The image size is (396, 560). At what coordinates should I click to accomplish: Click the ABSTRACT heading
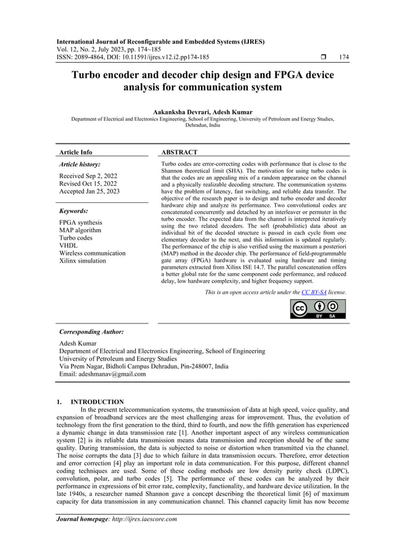tap(179, 152)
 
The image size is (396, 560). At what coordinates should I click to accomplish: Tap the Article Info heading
tap(75, 152)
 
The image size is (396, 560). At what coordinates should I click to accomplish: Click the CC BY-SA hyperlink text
tap(315, 291)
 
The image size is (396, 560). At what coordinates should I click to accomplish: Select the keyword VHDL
tap(68, 245)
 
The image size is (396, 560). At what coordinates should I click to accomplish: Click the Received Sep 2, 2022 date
tap(89, 176)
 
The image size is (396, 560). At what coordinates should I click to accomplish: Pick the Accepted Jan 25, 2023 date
tap(89, 191)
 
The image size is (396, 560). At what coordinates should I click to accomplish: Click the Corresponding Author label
tap(91, 332)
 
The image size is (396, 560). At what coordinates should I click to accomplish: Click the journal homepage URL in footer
tap(138, 519)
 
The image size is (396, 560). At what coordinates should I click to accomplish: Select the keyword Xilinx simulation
tap(83, 261)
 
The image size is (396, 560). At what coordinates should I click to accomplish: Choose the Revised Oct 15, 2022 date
tap(87, 184)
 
